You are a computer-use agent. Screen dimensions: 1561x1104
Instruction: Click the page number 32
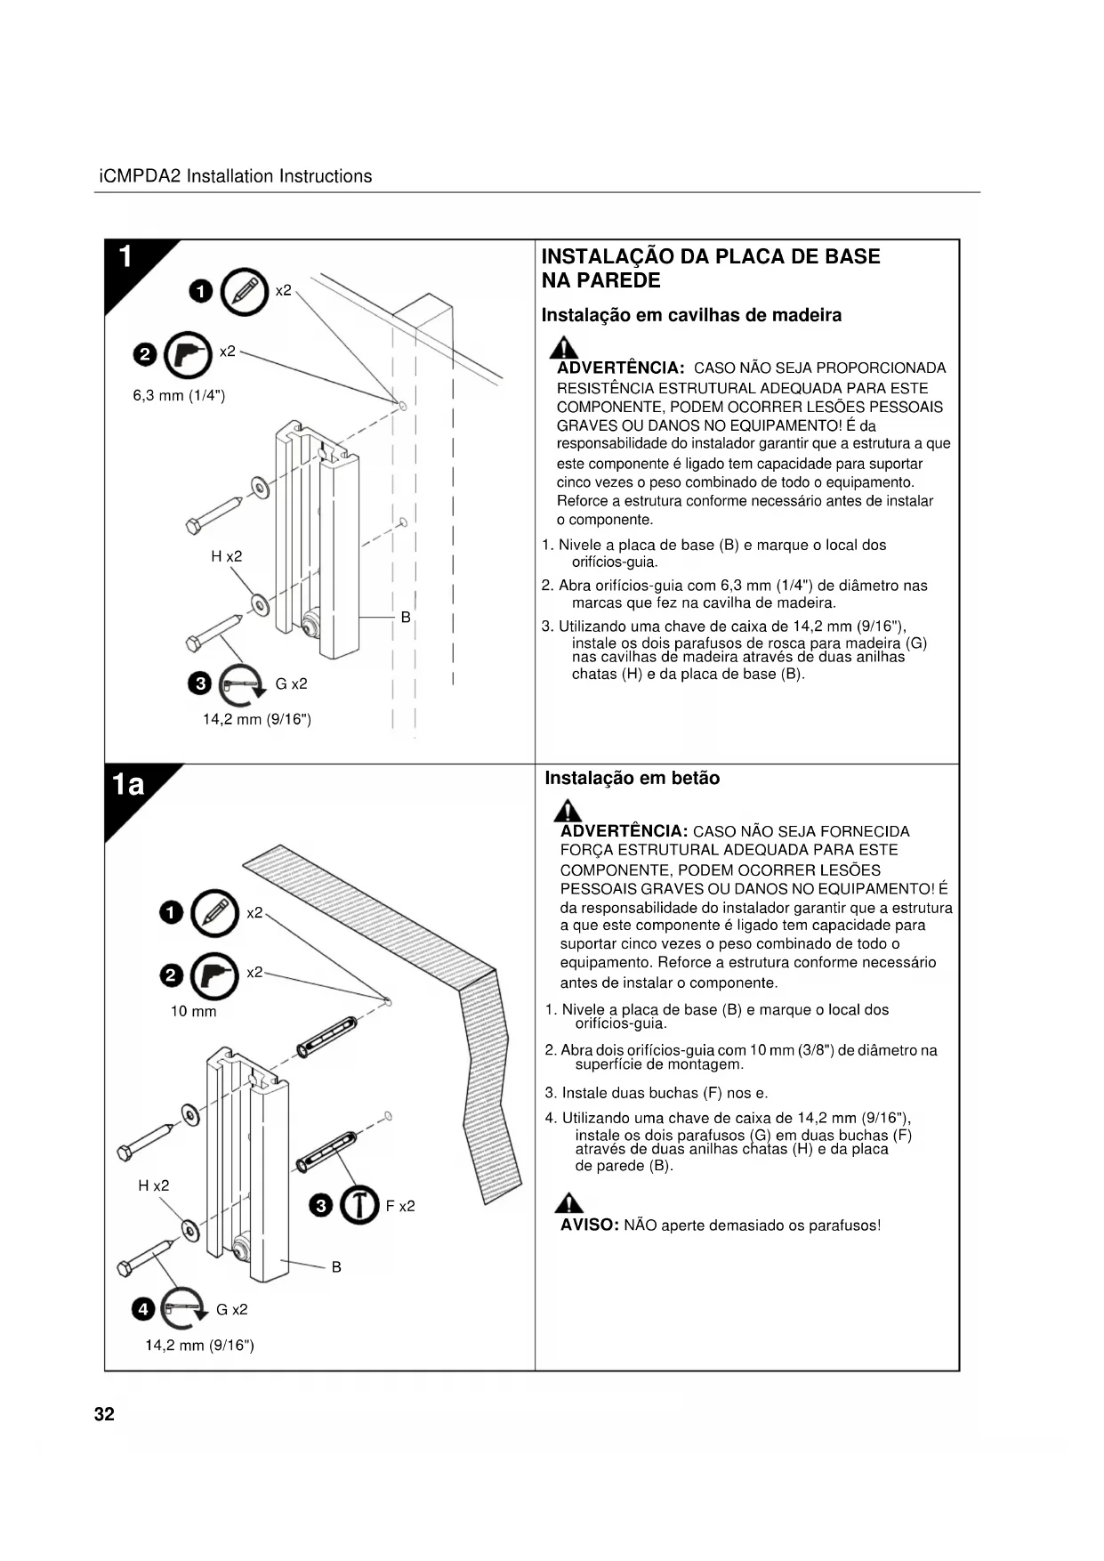tap(104, 1414)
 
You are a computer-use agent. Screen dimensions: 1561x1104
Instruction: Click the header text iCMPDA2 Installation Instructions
tap(235, 176)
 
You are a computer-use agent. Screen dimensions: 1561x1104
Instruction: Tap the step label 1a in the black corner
tap(128, 784)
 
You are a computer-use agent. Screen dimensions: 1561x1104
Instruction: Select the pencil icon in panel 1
tap(244, 291)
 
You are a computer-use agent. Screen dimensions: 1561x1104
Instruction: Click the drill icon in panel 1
tap(188, 354)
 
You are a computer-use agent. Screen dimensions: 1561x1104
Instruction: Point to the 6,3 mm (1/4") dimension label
tap(179, 395)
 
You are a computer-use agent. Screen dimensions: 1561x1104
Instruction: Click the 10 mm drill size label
tap(193, 1011)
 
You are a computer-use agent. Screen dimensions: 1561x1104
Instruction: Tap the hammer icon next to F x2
tap(359, 1205)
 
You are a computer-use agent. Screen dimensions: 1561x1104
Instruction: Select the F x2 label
tap(400, 1206)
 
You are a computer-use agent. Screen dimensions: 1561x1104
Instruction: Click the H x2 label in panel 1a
tap(154, 1185)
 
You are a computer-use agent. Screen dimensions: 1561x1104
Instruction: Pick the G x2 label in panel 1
tap(291, 683)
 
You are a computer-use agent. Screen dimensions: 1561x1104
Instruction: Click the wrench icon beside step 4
tap(184, 1307)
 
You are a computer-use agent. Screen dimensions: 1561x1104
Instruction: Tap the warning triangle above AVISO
tap(568, 1202)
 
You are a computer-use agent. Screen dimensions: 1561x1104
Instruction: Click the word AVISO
tap(589, 1225)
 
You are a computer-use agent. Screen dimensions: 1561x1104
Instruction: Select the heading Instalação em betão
tap(632, 778)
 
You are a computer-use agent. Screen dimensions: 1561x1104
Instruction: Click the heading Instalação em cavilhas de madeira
tap(691, 315)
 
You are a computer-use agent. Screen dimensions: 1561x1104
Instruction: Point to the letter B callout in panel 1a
tap(336, 1266)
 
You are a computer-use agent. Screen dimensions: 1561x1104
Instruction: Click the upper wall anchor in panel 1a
tap(327, 1035)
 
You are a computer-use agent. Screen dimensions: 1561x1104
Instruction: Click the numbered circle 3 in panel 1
tap(200, 683)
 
